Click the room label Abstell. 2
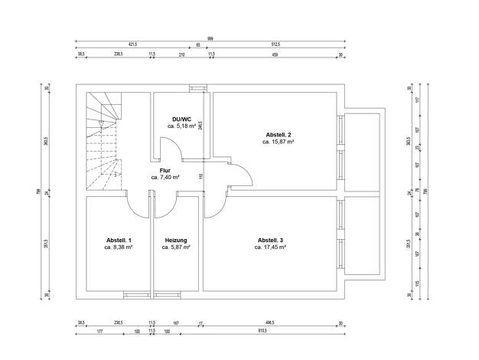(279, 133)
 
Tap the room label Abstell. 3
(272, 240)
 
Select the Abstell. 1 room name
(119, 240)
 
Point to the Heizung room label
(177, 240)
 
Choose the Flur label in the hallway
(165, 170)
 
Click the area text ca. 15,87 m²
(279, 142)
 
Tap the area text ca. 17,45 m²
(272, 247)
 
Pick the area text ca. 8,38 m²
(119, 247)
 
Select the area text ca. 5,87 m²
(177, 247)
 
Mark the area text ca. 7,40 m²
(165, 178)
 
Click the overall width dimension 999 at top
(210, 38)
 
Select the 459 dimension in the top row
(275, 54)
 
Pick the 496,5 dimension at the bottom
(270, 322)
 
